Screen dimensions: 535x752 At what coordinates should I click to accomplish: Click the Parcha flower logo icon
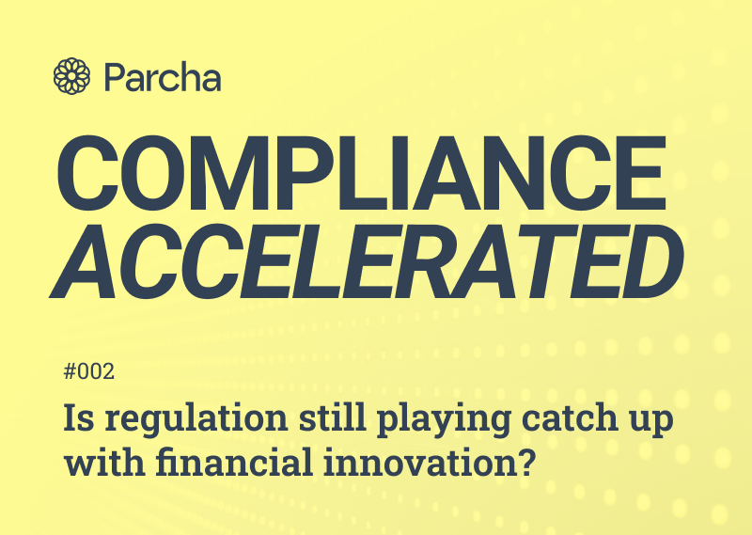click(73, 75)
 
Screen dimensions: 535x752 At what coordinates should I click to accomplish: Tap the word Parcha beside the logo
click(163, 76)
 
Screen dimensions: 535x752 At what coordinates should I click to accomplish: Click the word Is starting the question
click(77, 419)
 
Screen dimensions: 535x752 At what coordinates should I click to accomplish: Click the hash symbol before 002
click(70, 372)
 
